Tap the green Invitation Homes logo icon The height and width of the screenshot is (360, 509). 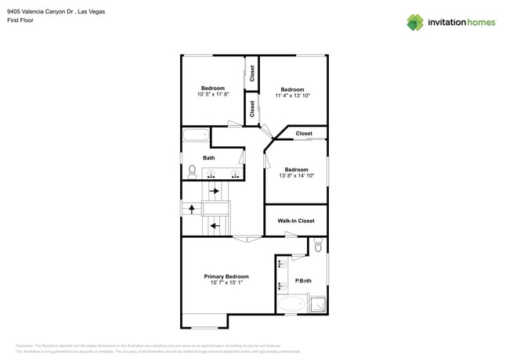point(415,22)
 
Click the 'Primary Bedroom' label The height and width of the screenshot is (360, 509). point(226,276)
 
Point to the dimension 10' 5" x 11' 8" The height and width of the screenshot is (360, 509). point(212,95)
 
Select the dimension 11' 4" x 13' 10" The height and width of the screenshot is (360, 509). point(292,95)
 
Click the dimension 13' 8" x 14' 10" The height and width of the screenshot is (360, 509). point(296,176)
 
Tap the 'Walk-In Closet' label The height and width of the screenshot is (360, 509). point(296,221)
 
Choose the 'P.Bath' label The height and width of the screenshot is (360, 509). point(303,281)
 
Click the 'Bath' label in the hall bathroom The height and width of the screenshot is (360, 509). point(209,158)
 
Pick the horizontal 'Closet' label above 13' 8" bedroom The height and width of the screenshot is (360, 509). point(304,134)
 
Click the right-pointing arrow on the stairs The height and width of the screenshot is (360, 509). point(214,191)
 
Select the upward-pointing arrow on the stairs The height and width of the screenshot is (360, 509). point(191,209)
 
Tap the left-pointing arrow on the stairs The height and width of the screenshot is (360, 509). point(215,225)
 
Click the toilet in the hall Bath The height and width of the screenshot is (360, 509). point(192,171)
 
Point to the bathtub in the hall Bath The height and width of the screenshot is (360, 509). point(196,135)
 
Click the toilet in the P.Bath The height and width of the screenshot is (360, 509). point(318,246)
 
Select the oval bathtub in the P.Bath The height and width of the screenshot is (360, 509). point(293,304)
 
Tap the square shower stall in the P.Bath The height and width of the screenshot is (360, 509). point(317,304)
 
